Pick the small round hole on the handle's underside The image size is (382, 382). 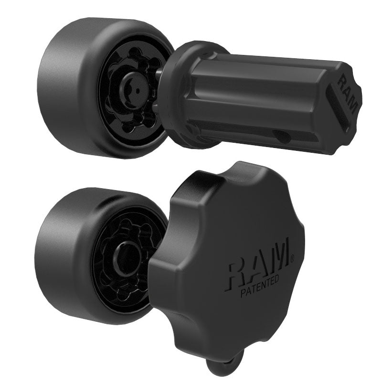click(x=283, y=138)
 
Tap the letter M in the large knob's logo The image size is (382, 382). click(x=279, y=260)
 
